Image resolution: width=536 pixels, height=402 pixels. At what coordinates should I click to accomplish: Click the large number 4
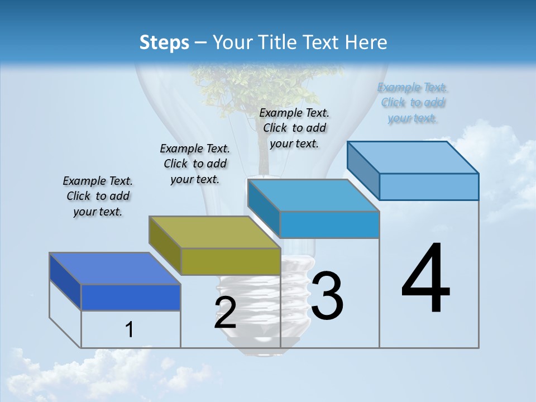[x=425, y=279]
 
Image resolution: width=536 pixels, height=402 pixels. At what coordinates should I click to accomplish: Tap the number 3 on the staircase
[x=327, y=296]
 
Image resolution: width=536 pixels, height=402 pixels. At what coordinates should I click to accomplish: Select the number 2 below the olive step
[x=225, y=313]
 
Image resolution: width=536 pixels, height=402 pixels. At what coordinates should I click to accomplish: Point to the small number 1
[x=130, y=330]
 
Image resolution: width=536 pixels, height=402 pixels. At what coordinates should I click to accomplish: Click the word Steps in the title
[x=164, y=42]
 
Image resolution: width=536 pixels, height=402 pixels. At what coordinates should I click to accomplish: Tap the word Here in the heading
[x=366, y=42]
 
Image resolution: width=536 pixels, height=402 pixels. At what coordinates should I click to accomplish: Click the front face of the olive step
[x=231, y=261]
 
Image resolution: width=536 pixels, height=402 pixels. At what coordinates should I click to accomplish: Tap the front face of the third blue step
[x=329, y=225]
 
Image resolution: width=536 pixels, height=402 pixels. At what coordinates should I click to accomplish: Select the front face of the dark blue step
[x=131, y=297]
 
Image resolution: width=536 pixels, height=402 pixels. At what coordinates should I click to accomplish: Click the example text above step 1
[x=98, y=196]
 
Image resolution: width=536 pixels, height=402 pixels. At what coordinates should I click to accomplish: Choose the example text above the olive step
[x=195, y=164]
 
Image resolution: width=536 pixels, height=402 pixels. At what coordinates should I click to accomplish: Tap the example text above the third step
[x=294, y=128]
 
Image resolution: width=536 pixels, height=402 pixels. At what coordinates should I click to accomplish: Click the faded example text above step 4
[x=413, y=103]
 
